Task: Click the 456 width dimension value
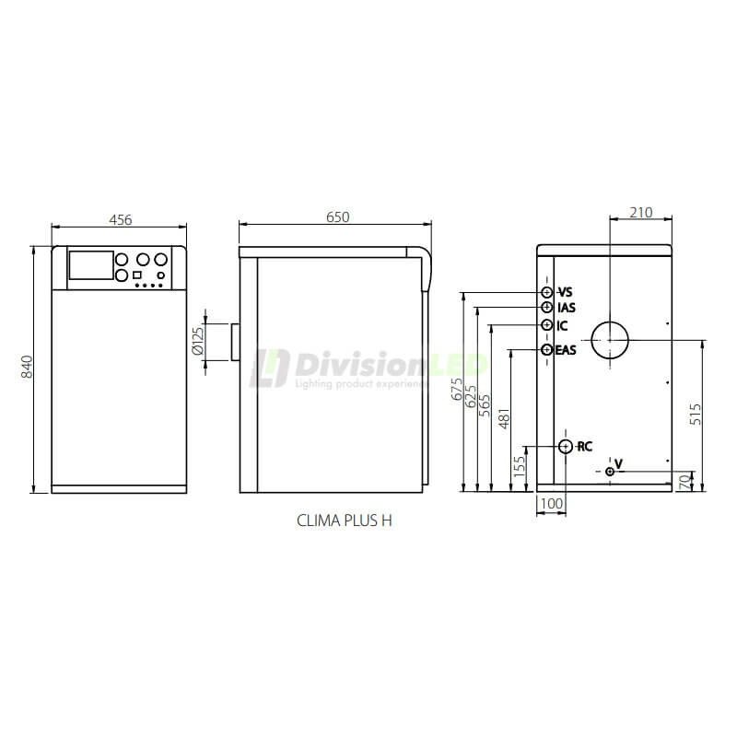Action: click(x=121, y=219)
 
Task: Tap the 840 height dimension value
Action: click(x=28, y=367)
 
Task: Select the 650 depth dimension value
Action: click(x=337, y=216)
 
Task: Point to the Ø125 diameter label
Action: click(x=198, y=341)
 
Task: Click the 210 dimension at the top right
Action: click(x=641, y=213)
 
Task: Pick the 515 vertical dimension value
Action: click(x=696, y=414)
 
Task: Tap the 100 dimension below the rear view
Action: click(x=551, y=504)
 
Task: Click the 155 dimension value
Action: click(x=520, y=467)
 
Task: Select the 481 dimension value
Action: click(x=503, y=418)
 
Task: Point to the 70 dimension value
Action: click(x=686, y=482)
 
